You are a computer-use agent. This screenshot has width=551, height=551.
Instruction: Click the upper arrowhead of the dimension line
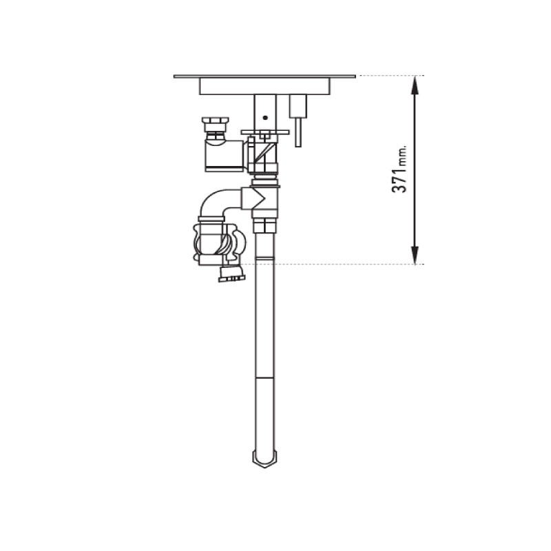point(415,85)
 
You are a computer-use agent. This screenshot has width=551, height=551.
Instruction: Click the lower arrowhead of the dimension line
point(415,255)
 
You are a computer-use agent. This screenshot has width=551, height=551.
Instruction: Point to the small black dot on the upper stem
point(265,118)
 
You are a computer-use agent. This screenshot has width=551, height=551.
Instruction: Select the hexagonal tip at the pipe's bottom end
point(264,459)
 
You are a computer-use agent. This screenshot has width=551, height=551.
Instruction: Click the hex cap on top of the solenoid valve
point(216,122)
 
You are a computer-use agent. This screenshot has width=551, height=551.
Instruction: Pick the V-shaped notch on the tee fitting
point(261,199)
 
